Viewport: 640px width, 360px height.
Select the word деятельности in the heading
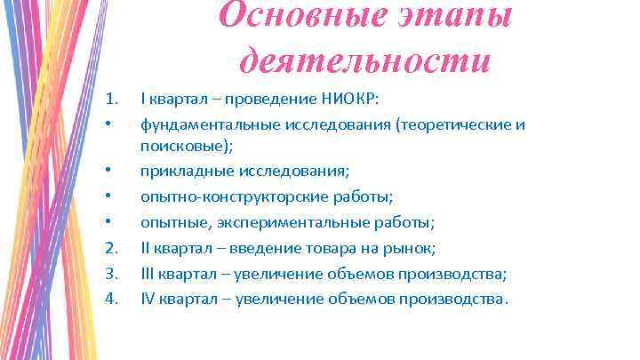tap(365, 60)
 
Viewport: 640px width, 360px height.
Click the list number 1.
tap(111, 99)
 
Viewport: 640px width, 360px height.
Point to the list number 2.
tap(111, 248)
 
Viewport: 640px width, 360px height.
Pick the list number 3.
tap(111, 273)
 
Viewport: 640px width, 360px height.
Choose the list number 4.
tap(111, 298)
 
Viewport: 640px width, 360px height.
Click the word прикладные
tap(180, 171)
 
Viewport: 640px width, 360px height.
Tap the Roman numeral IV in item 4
tap(148, 298)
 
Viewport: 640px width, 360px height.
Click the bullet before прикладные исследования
tap(108, 171)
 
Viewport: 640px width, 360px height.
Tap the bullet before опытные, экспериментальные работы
tap(108, 222)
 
